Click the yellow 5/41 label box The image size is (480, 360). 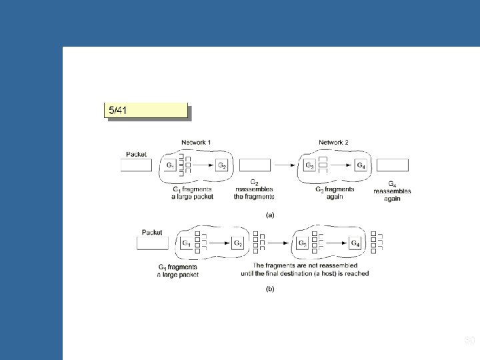[145, 110]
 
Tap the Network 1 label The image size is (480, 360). [196, 142]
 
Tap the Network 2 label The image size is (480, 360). [333, 142]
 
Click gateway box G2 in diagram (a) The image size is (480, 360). [223, 165]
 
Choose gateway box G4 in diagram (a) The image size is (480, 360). [361, 165]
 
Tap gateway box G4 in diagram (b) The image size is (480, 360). [355, 243]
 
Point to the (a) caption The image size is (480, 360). [271, 215]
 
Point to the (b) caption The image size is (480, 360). [270, 289]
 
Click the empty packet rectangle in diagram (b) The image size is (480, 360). [152, 243]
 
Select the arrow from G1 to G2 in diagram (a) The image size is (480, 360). [202, 165]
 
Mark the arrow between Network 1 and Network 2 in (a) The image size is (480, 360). [285, 165]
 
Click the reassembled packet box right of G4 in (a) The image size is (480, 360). [393, 165]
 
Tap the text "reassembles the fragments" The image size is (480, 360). [254, 193]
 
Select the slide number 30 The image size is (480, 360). [469, 341]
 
